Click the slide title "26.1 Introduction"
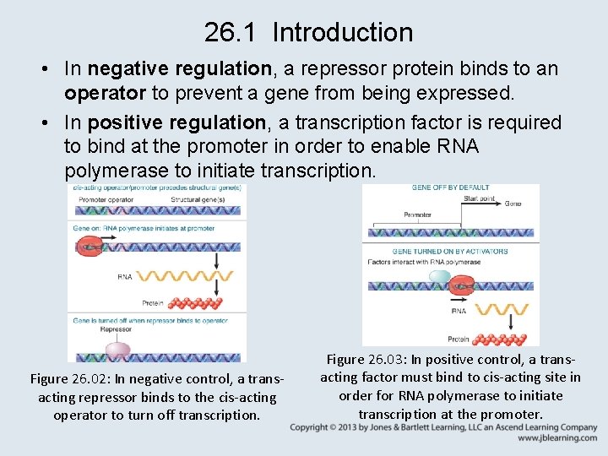pos(308,33)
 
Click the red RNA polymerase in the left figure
pos(88,245)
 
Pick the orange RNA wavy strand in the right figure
pos(498,310)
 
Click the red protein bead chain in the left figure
pos(194,302)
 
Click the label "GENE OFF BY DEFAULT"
pos(450,187)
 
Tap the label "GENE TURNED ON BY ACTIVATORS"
pos(450,251)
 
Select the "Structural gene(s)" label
pos(198,199)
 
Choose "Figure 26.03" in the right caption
pos(367,360)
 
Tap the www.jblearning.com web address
pos(557,438)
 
